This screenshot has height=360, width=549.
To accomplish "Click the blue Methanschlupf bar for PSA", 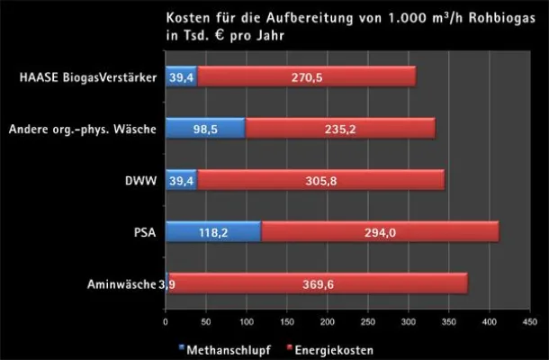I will point(212,232).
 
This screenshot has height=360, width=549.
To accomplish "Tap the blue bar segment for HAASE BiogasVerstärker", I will point(181,77).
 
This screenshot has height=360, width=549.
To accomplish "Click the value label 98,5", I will point(205,129).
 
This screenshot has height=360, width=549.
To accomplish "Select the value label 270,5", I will point(306,77).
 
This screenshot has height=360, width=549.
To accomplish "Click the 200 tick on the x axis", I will point(327,319).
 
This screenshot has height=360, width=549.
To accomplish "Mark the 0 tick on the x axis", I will point(166,319).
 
